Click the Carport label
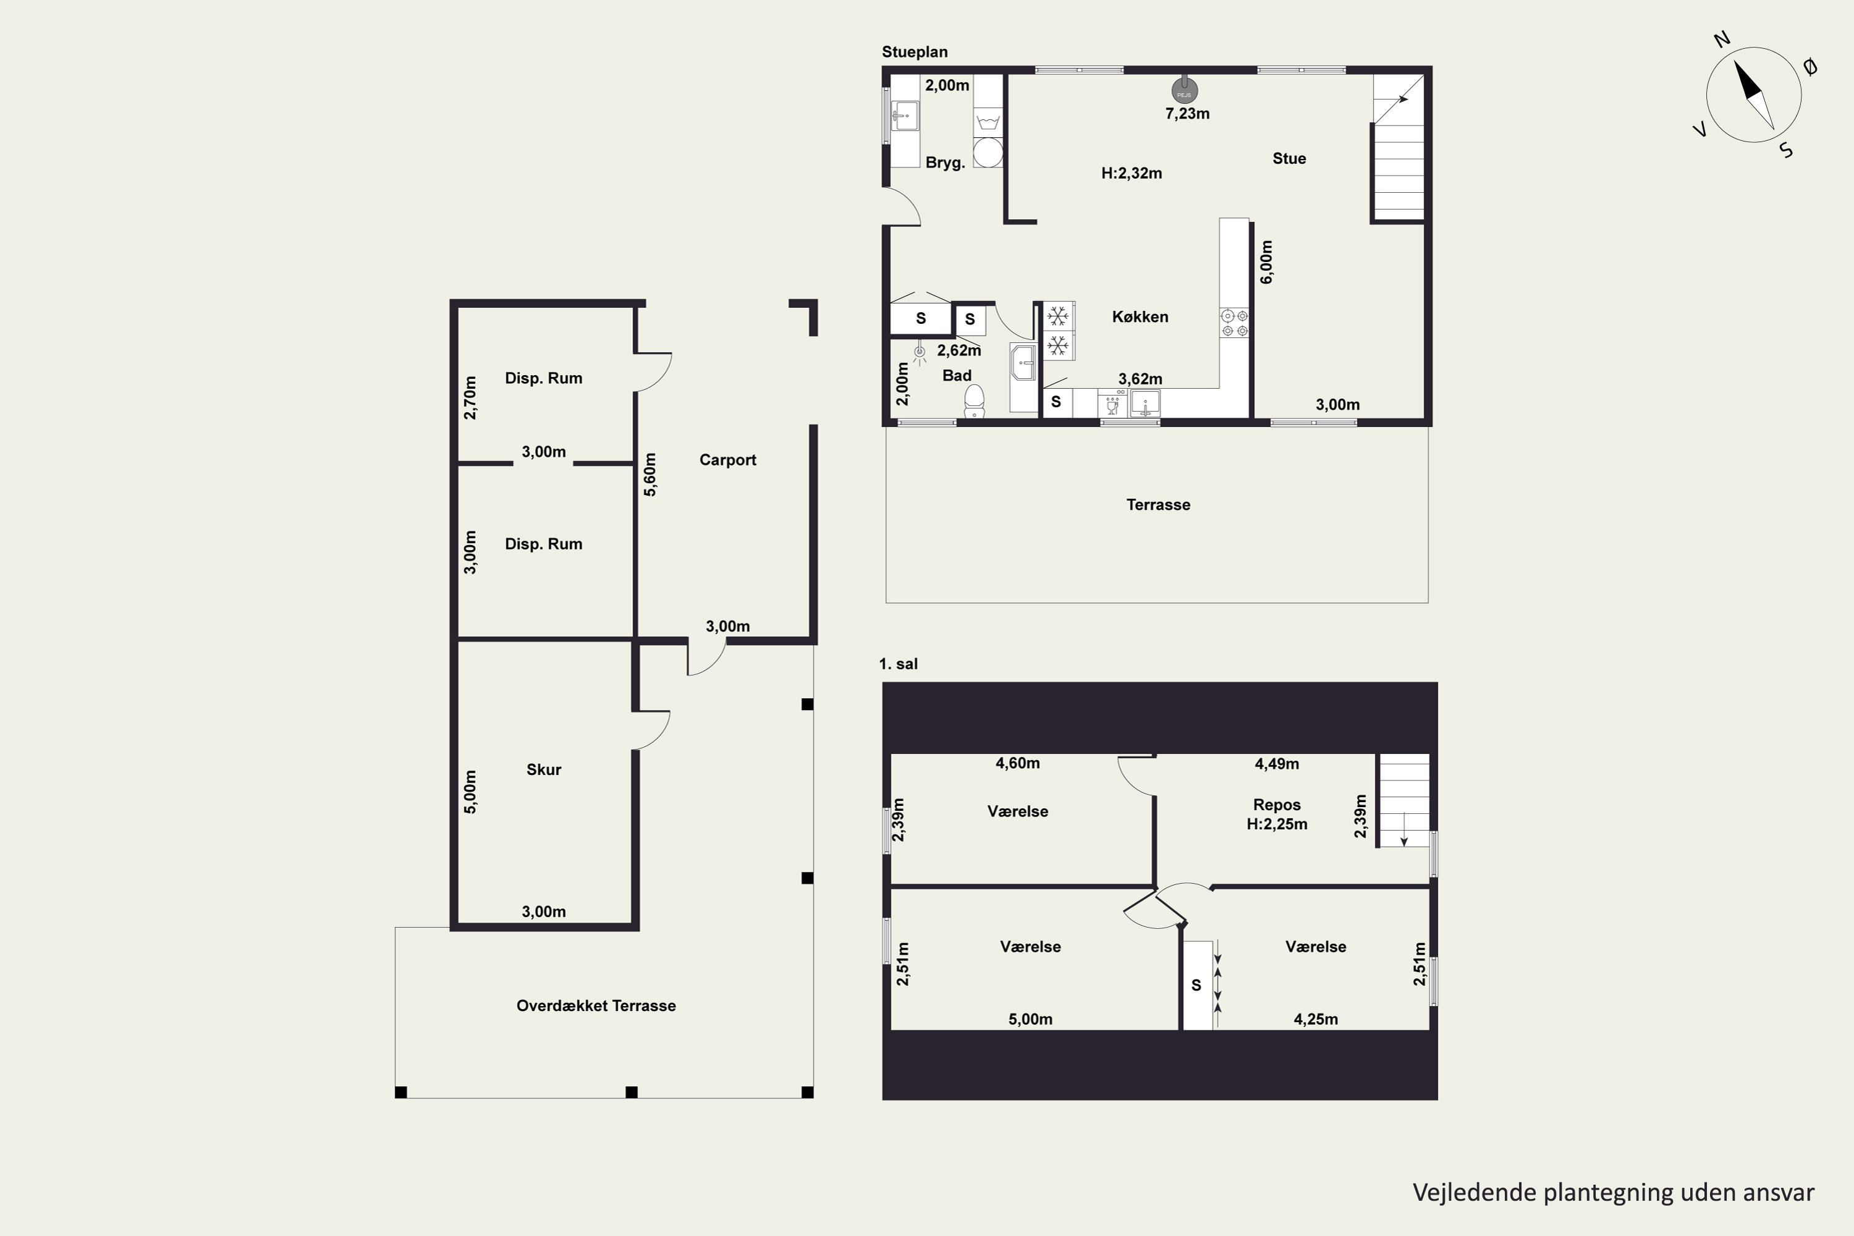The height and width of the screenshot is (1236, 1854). coord(727,460)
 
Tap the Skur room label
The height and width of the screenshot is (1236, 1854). coord(544,769)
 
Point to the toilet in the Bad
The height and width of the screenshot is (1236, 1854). coord(975,400)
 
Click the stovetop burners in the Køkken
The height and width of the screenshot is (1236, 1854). coord(1234,323)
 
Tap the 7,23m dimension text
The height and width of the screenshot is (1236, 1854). coord(1187,114)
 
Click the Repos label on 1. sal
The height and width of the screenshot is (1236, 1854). coord(1277,805)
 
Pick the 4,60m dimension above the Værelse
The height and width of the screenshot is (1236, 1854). coord(1018,763)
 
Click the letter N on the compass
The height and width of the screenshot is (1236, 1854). coord(1722,40)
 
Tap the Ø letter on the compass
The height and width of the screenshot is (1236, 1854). coord(1810,68)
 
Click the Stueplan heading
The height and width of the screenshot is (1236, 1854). coord(915,52)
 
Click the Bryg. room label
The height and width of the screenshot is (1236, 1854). coord(945,163)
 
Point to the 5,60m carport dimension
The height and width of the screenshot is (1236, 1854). coord(650,475)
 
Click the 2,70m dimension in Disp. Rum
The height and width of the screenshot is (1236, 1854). coord(470,398)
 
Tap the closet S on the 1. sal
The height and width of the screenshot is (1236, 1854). coord(1196,985)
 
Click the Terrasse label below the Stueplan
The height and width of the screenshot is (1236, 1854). coord(1158,504)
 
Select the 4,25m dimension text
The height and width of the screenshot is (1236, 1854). coord(1316,1019)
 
